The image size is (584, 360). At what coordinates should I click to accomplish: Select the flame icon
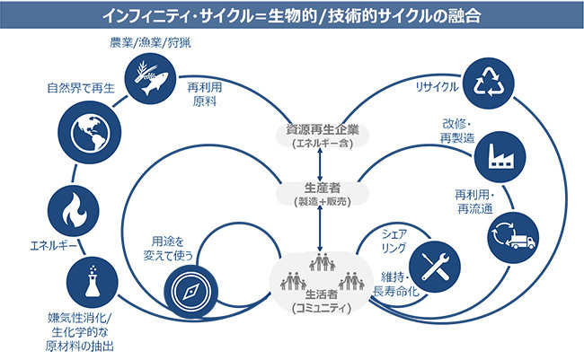[71, 210]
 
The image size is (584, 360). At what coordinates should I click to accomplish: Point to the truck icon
[509, 237]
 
